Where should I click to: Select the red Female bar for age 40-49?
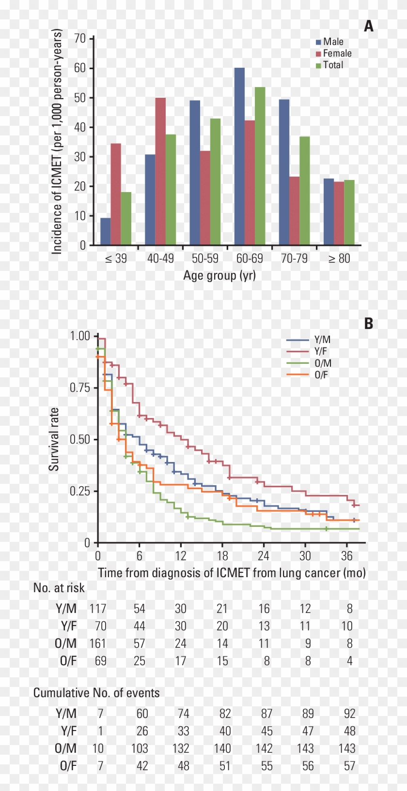point(160,171)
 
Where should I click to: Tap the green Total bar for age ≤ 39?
point(126,218)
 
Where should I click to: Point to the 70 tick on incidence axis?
point(80,38)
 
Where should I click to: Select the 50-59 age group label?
point(205,258)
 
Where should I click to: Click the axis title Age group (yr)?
point(219,275)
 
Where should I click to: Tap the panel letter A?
point(369,26)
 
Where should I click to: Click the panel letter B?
point(369,323)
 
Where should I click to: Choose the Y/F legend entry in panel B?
point(320,351)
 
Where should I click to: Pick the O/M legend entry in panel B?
point(322,363)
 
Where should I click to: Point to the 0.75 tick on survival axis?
point(80,388)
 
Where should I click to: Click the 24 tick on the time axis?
point(263,556)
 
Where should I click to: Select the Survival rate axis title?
point(54,439)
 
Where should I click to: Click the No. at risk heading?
point(59,588)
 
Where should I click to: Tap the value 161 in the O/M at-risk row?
point(97,643)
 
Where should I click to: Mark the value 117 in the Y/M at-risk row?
point(97,609)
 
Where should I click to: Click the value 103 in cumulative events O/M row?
point(139,748)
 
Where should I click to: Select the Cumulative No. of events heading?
point(96,693)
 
